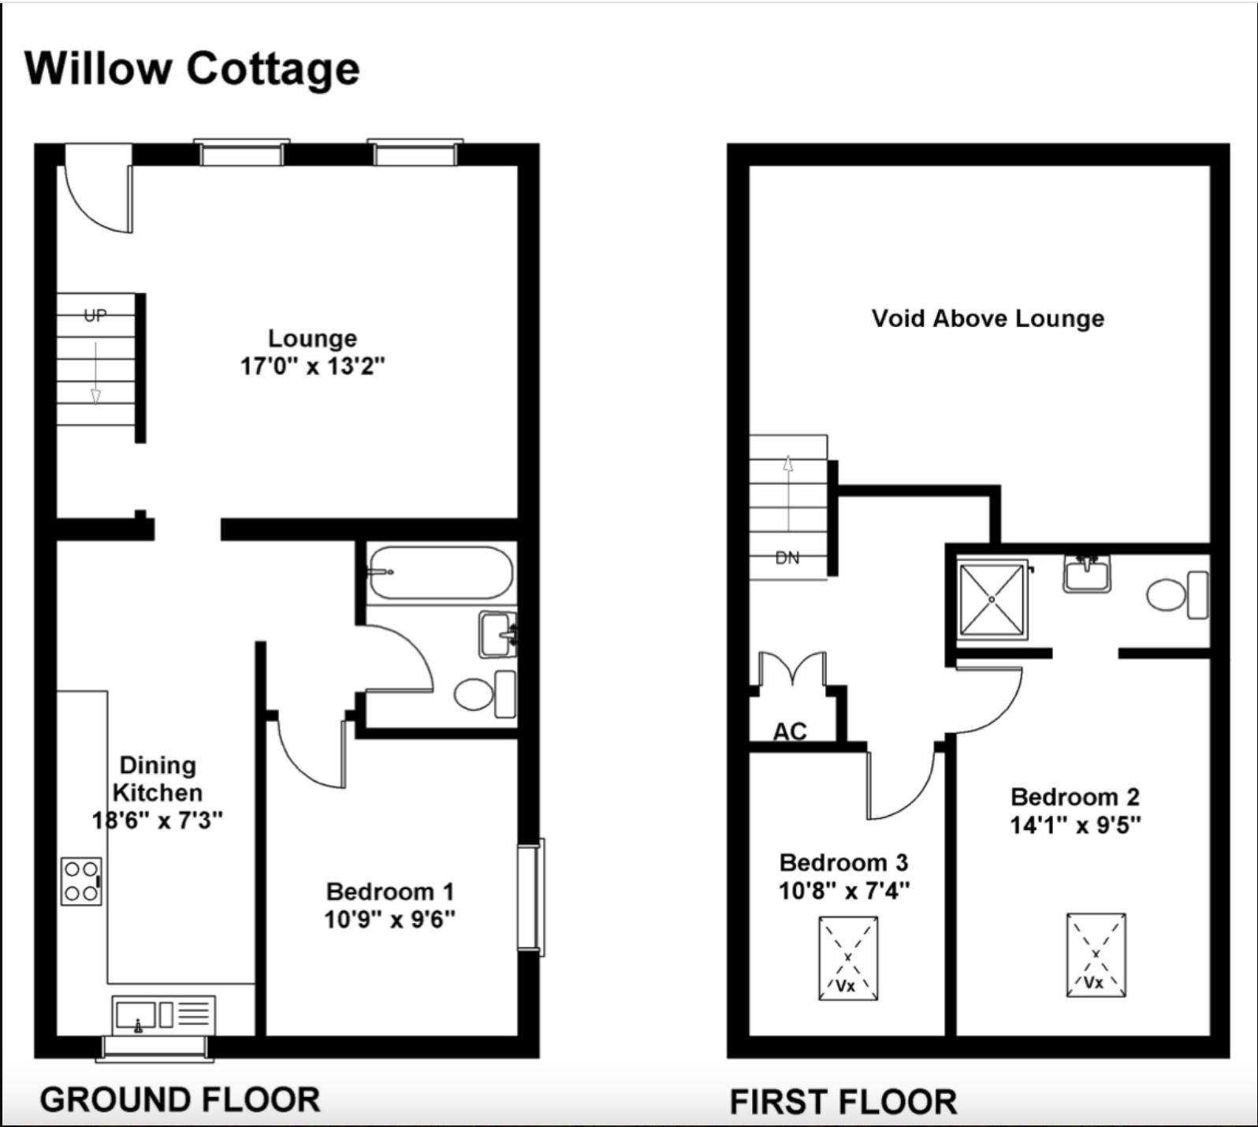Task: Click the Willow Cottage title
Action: click(x=192, y=69)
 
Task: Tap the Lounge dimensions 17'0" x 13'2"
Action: click(x=313, y=366)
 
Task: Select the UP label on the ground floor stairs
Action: click(x=95, y=315)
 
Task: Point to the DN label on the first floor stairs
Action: click(x=787, y=558)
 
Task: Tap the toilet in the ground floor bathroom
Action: click(x=485, y=694)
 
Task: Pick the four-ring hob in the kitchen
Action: click(x=81, y=881)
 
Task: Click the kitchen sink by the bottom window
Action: click(x=163, y=1014)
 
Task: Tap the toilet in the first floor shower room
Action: click(x=1178, y=595)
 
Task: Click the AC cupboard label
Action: click(x=790, y=731)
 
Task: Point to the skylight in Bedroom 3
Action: click(x=848, y=958)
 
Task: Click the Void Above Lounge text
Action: click(x=988, y=318)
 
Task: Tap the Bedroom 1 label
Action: click(x=390, y=891)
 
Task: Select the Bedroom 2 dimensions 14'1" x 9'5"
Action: click(x=1076, y=825)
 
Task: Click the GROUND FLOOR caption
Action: click(x=180, y=1099)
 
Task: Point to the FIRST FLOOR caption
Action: click(x=843, y=1102)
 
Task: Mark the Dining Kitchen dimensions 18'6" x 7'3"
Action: click(x=158, y=820)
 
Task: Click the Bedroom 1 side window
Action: click(x=531, y=897)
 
